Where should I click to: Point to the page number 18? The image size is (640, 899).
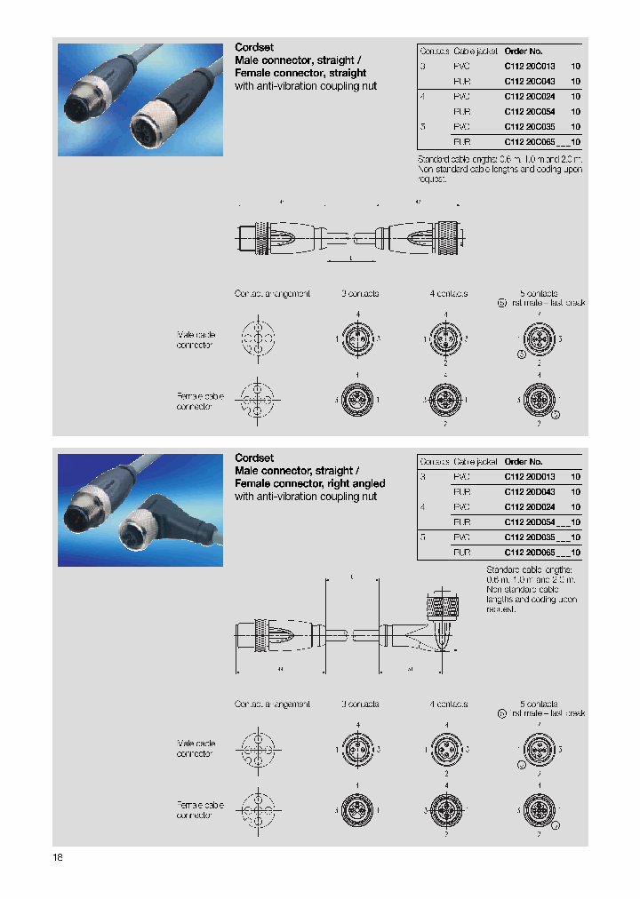[58, 857]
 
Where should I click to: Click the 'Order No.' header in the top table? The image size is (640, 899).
[523, 51]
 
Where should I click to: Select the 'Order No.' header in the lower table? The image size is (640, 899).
[523, 461]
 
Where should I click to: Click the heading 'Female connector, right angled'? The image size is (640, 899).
[309, 483]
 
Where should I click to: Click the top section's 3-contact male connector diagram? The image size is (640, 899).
[357, 339]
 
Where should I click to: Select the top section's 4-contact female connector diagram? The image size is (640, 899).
[445, 401]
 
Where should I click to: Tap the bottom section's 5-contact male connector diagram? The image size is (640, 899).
[538, 750]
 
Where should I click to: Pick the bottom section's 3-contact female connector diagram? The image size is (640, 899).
[357, 810]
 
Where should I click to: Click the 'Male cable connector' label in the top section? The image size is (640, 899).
[196, 339]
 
